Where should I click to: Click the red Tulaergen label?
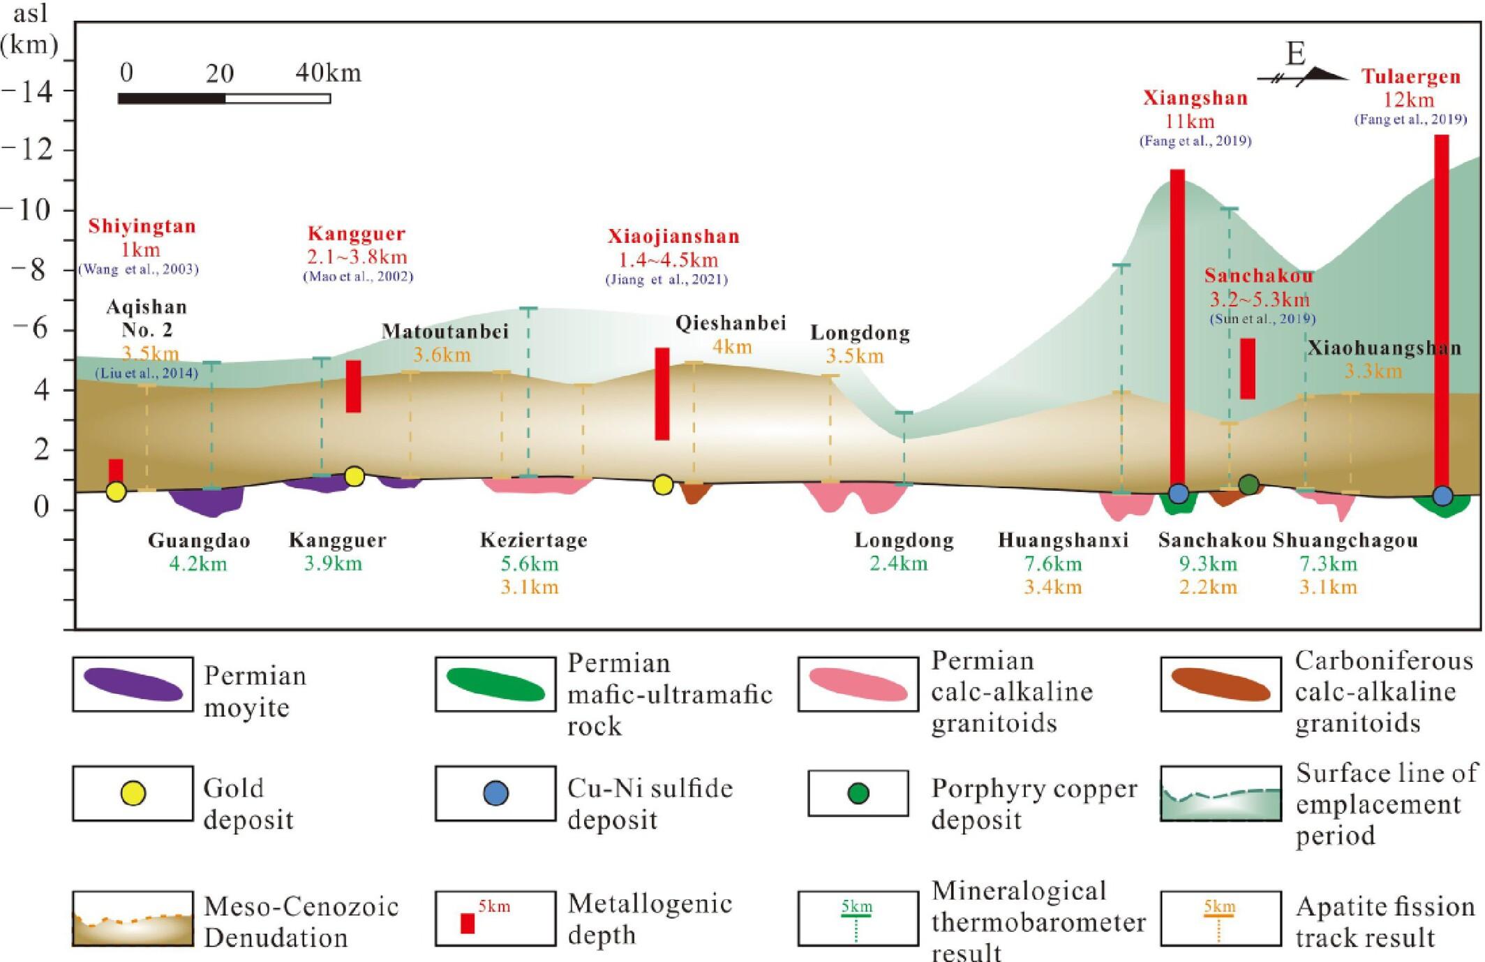point(1410,77)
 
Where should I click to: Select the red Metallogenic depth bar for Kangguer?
point(354,386)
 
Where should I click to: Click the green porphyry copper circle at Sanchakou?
point(1248,484)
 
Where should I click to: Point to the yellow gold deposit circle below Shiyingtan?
point(117,491)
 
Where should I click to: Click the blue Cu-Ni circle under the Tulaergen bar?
point(1442,496)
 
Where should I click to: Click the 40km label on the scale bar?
point(328,73)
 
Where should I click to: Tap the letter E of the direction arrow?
point(1295,54)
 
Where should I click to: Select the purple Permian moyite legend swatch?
point(133,684)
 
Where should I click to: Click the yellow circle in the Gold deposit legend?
point(133,794)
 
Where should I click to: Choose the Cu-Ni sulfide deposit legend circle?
point(495,794)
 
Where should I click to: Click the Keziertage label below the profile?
point(534,540)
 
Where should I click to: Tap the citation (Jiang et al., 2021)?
point(666,280)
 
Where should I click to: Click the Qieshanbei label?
point(731,323)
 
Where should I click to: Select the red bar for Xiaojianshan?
point(662,394)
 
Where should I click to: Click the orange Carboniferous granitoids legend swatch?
point(1221,684)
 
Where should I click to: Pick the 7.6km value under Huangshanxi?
point(1052,563)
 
